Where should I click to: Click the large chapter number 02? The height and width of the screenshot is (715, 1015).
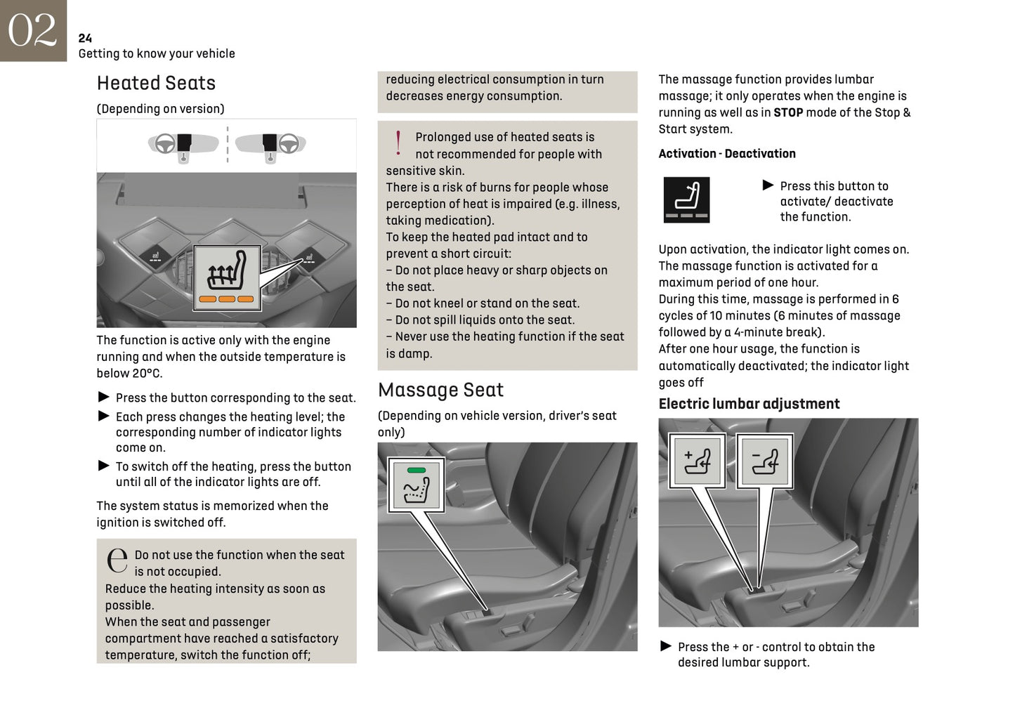tap(32, 30)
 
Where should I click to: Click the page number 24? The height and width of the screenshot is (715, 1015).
tap(85, 38)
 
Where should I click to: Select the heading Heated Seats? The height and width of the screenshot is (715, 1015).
tap(156, 83)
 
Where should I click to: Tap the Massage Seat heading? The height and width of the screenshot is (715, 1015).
tap(440, 390)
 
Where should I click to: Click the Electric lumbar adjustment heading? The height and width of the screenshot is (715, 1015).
tap(749, 404)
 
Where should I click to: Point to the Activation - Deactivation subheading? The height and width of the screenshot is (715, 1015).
tap(727, 153)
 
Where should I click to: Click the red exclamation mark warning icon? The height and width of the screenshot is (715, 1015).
tap(398, 143)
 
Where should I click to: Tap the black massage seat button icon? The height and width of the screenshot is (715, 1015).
tap(686, 200)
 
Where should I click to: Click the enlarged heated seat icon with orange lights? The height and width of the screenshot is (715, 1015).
tap(227, 278)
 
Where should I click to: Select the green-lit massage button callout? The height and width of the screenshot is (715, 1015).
tap(417, 485)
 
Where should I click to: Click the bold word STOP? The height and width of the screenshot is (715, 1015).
tap(788, 112)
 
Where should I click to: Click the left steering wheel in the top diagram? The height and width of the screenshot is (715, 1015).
tap(165, 143)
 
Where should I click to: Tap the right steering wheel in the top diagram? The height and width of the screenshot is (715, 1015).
tap(288, 143)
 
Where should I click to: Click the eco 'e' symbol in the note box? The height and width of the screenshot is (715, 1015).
tap(117, 560)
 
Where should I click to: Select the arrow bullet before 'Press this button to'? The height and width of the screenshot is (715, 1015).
tap(768, 185)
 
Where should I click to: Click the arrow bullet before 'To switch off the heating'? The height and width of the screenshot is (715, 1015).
tap(103, 466)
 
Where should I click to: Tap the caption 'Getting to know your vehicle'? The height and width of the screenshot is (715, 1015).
tap(157, 53)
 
